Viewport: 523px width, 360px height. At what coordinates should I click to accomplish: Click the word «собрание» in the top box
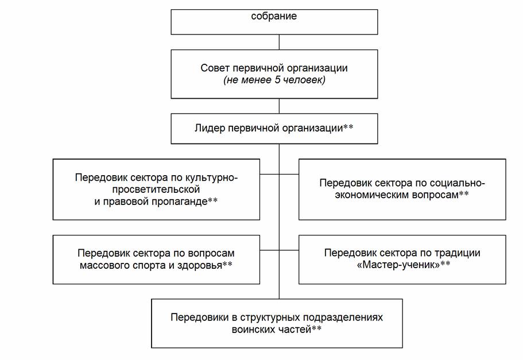274,17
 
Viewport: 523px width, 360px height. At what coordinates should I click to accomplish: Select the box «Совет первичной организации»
274,74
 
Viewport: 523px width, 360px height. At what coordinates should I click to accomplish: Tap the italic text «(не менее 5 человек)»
274,81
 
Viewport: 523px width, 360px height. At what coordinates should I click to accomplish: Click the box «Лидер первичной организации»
274,127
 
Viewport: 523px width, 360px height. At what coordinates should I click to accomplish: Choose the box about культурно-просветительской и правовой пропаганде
156,189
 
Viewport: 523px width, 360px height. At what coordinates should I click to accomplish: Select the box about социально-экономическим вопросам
402,189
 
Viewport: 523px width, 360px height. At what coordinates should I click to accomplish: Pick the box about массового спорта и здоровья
156,259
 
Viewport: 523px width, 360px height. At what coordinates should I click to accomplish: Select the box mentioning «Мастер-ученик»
402,259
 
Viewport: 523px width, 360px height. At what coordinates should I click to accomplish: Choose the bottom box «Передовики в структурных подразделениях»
277,323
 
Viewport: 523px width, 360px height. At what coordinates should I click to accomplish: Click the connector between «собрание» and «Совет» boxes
279,42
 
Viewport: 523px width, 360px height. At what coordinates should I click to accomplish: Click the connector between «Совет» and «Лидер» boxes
279,106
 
